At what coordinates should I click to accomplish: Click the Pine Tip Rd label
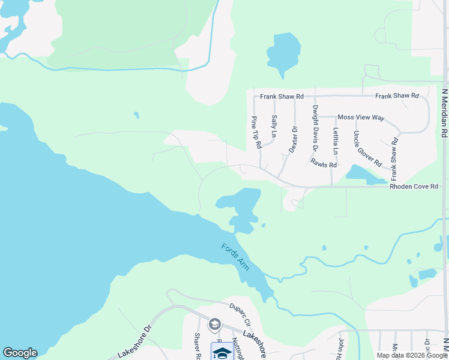point(256,133)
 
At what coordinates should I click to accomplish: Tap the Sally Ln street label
point(274,125)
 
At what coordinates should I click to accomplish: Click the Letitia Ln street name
point(336,139)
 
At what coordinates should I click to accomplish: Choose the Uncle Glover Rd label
point(367,148)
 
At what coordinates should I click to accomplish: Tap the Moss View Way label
point(361,118)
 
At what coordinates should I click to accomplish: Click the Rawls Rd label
point(324,164)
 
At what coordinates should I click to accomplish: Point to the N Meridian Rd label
point(445,121)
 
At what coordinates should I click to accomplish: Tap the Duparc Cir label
point(238,313)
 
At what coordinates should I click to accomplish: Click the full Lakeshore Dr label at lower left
point(136,343)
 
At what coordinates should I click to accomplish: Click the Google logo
point(20,353)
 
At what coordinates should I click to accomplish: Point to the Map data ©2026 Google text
point(412,355)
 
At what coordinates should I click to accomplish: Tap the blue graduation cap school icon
point(221,353)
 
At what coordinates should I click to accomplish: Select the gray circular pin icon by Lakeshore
point(214,325)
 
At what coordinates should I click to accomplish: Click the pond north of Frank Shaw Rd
point(283,53)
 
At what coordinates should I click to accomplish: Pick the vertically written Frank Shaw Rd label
point(394,160)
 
